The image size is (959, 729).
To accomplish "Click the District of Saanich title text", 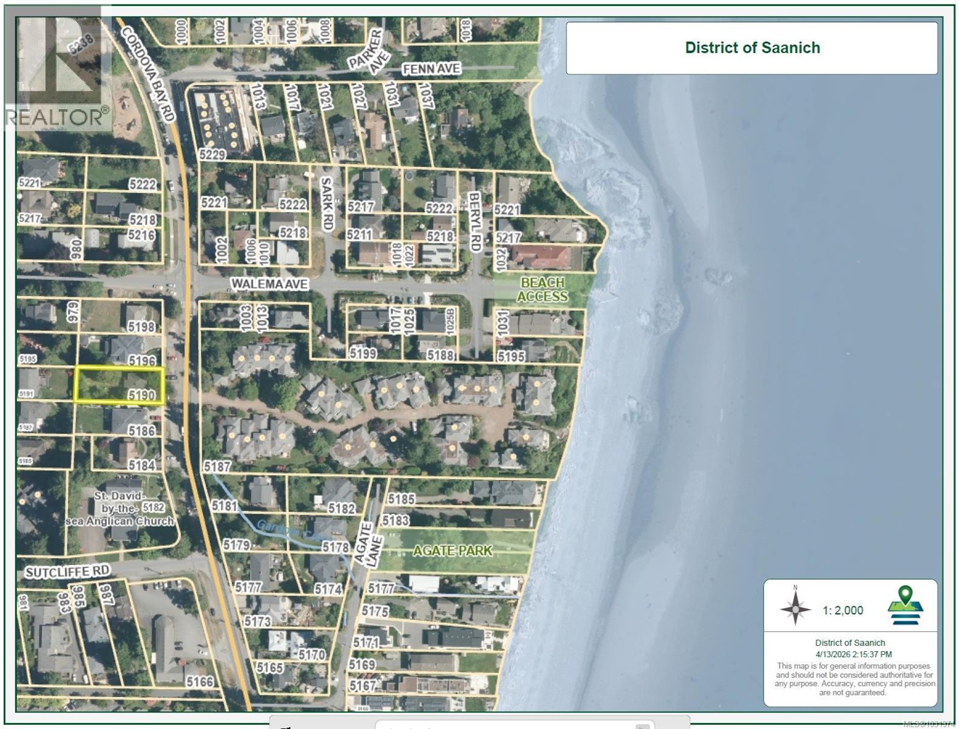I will click(752, 48).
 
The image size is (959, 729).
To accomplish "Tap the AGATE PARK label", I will click(453, 550).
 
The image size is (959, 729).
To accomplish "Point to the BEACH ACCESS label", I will click(543, 290).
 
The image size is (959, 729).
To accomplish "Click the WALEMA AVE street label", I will click(269, 284).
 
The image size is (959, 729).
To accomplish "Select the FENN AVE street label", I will click(432, 69).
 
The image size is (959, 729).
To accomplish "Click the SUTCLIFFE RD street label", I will click(67, 572).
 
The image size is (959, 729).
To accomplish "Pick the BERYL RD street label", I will click(475, 222).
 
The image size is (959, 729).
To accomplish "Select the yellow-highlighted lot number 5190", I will click(141, 395).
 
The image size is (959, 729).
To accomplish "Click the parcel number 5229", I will click(212, 155).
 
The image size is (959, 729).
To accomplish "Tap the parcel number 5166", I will click(200, 682).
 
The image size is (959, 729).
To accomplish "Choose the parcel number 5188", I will click(440, 355).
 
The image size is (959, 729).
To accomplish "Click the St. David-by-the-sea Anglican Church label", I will click(120, 509).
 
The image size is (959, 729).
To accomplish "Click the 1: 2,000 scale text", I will click(842, 611).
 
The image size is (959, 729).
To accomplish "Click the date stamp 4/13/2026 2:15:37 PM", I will click(853, 654).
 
